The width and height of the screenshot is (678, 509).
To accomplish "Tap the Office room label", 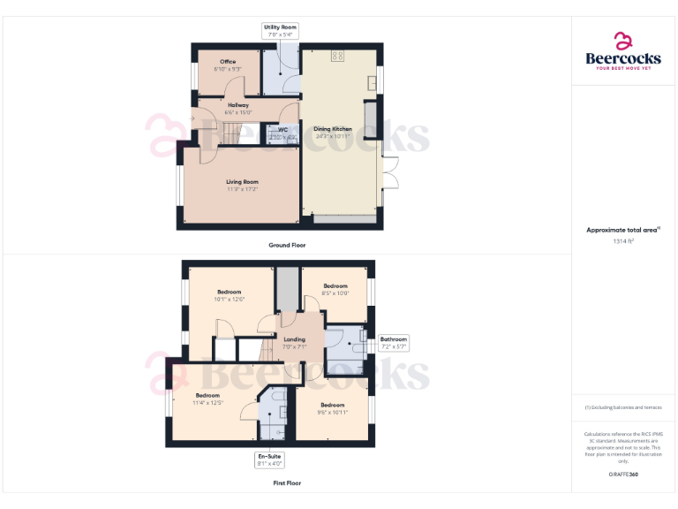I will click(228, 65).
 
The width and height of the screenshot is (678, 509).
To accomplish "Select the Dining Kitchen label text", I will click(333, 133).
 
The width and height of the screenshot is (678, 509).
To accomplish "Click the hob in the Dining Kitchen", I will click(337, 56).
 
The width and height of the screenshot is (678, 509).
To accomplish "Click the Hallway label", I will click(238, 109).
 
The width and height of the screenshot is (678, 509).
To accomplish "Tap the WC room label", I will click(282, 133).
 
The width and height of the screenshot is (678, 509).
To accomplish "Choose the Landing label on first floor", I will click(294, 343).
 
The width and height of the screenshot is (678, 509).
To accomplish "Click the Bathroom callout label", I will click(394, 343).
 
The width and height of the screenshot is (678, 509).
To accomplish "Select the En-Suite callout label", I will click(269, 460).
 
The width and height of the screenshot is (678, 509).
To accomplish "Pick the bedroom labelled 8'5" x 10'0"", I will click(335, 289).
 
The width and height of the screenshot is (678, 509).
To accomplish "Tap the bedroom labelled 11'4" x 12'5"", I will click(207, 399).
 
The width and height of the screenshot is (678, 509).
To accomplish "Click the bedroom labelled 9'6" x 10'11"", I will click(333, 408).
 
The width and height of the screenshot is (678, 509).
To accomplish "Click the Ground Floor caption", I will click(287, 245).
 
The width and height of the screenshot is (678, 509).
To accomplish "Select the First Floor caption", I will click(287, 483).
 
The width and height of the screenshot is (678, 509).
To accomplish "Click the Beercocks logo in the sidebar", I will click(623, 51).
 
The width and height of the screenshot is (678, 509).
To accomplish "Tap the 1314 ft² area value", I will click(623, 240).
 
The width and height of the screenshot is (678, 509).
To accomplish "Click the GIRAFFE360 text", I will click(623, 475).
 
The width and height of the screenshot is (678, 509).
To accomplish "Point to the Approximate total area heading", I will click(623, 230).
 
